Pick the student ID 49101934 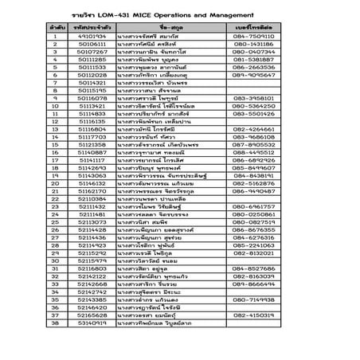pos(92,36)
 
